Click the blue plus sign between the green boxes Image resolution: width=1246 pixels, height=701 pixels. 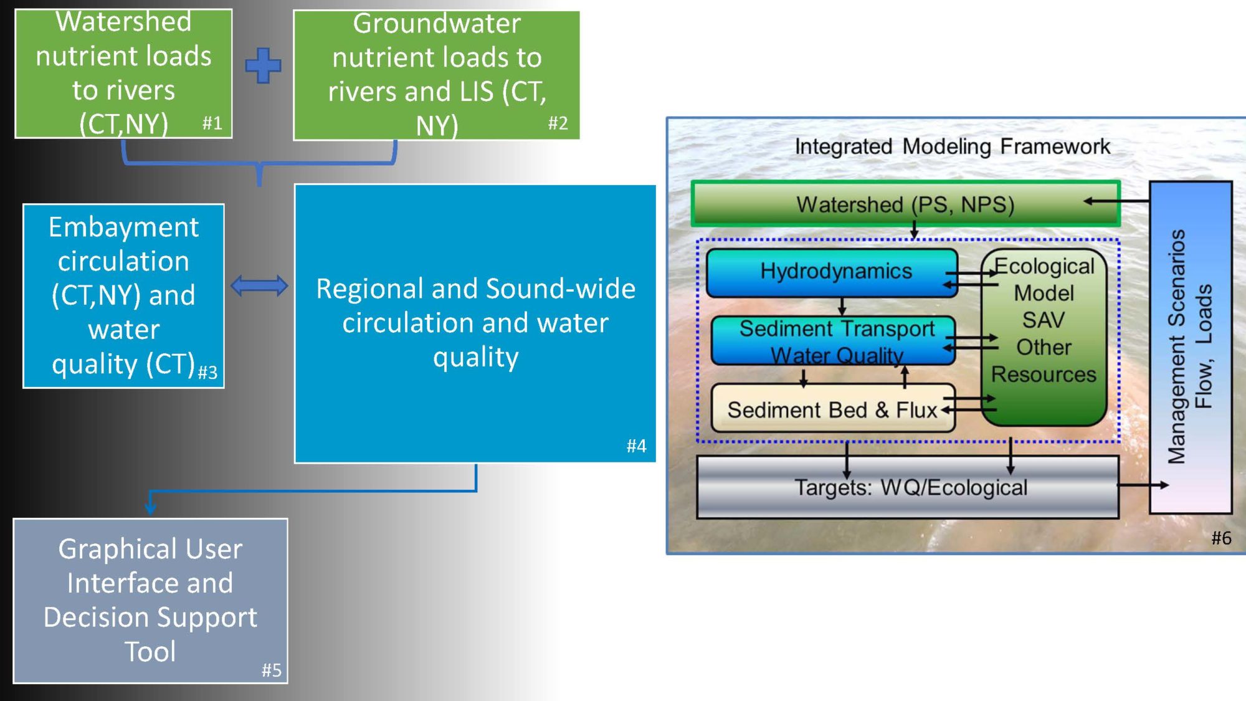[263, 65]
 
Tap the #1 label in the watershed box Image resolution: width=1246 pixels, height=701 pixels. [212, 123]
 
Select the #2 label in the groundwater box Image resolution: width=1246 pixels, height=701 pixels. [558, 123]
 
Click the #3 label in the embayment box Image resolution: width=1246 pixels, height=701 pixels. [207, 372]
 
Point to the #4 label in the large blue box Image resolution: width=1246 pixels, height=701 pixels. [636, 446]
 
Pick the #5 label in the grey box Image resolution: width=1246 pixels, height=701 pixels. [272, 670]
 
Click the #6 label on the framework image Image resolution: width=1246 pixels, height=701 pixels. [1221, 538]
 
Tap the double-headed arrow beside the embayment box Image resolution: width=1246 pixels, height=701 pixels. [259, 286]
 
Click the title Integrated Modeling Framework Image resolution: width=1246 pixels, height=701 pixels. [953, 146]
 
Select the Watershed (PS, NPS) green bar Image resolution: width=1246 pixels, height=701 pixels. [906, 204]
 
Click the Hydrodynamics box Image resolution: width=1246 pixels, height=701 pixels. [832, 272]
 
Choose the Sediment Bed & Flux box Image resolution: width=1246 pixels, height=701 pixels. [833, 409]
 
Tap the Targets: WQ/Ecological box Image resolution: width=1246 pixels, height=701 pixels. [908, 487]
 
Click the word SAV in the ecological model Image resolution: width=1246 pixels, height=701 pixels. [1044, 320]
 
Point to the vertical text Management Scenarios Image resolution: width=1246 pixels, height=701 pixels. [1176, 347]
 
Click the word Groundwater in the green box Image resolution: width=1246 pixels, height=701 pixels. [437, 24]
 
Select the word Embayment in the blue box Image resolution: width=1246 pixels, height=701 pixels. [124, 227]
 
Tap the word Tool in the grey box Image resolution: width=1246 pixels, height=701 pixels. [150, 651]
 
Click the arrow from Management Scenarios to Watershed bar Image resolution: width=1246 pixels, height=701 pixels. [1116, 201]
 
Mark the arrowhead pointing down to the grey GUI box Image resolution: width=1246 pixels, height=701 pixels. [150, 507]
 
